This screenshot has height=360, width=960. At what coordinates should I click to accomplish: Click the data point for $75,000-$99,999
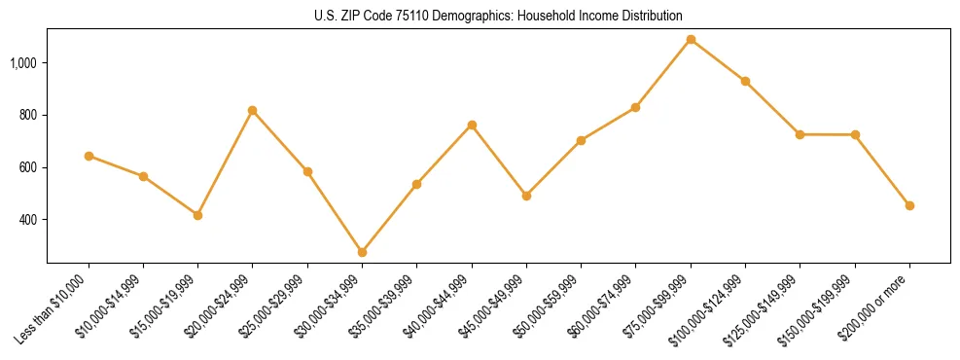tap(691, 40)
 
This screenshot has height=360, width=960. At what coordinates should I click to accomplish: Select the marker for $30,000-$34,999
tap(362, 252)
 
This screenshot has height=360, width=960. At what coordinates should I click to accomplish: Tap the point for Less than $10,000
tap(89, 156)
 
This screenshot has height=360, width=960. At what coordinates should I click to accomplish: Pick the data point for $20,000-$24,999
tap(253, 110)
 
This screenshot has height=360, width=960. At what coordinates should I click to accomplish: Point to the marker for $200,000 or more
tap(909, 205)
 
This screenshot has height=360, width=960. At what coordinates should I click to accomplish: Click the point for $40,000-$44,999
tap(472, 125)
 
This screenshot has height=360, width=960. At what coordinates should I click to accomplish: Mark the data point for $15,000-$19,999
tap(197, 215)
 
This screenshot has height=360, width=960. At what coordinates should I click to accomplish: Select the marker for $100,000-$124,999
tap(745, 81)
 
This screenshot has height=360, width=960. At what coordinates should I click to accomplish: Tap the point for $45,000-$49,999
tap(526, 196)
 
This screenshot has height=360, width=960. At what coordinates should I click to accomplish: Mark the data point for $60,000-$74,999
tap(636, 107)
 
